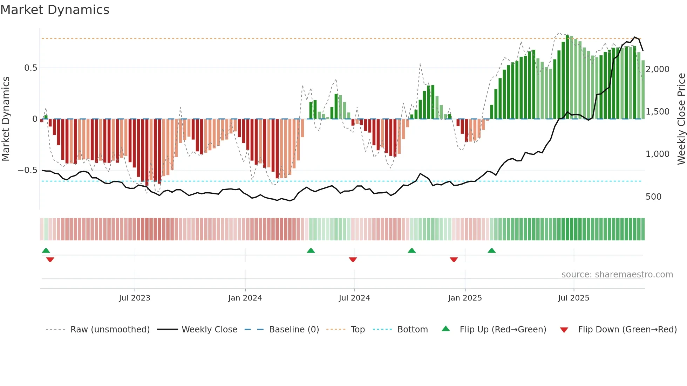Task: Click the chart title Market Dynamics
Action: tap(55, 10)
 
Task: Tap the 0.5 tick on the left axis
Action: tap(31, 68)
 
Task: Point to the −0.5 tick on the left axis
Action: tap(28, 170)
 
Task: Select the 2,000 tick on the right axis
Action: tap(658, 69)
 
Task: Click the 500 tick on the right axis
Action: tap(653, 197)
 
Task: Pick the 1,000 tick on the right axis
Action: tap(658, 154)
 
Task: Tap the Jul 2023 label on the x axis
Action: tap(135, 298)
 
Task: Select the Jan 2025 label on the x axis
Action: tap(465, 298)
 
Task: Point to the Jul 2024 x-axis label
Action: tap(354, 298)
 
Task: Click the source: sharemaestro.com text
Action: tap(617, 275)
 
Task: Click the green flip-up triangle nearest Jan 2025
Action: tap(492, 250)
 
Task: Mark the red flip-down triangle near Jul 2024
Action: tap(353, 260)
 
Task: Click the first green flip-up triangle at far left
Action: tap(46, 250)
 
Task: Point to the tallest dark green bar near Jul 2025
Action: tap(567, 77)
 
